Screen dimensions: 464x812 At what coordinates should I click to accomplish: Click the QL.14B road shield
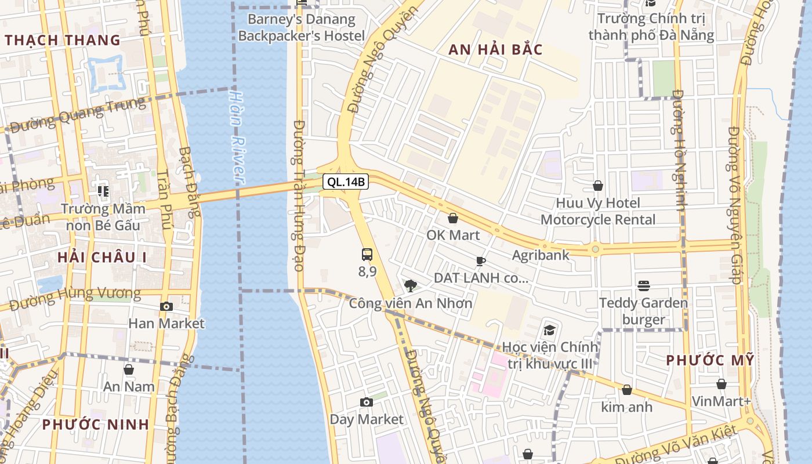[346, 182]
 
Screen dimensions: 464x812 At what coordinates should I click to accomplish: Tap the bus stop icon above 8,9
[367, 254]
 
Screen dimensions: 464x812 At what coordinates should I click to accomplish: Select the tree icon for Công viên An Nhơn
[411, 285]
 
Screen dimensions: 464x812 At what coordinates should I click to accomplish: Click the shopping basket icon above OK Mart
[453, 218]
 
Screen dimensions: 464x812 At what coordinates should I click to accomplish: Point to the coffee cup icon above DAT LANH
[481, 261]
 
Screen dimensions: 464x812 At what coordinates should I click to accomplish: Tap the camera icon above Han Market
[166, 306]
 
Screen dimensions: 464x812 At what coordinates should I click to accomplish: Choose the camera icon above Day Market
[366, 402]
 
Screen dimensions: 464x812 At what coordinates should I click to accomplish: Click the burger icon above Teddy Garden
[643, 285]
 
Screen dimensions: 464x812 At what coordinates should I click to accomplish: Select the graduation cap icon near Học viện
[549, 330]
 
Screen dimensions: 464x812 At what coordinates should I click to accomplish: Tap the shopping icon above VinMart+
[721, 384]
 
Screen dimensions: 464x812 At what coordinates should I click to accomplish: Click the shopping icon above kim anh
[626, 390]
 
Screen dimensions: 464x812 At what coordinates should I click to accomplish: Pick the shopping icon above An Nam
[129, 369]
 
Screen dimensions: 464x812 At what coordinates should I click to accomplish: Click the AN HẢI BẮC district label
[495, 50]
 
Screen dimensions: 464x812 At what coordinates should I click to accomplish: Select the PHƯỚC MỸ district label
[710, 360]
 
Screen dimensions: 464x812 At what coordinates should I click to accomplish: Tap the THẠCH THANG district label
[63, 41]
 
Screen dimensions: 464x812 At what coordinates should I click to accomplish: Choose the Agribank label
[541, 255]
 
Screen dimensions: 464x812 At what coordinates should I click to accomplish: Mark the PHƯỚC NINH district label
[96, 424]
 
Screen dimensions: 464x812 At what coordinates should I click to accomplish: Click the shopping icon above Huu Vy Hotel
[598, 186]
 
